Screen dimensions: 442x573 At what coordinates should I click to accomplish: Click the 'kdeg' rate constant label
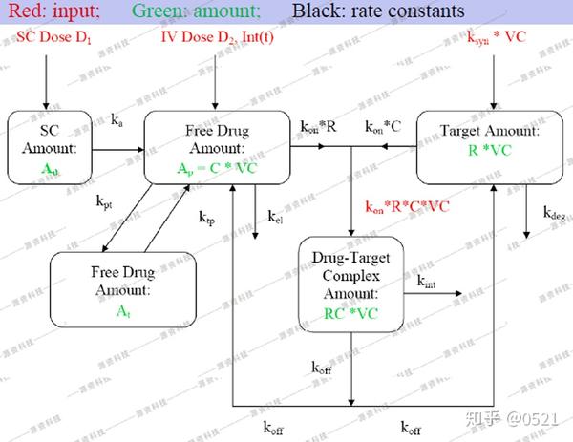point(557,215)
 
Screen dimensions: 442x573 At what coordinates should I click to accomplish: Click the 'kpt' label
point(103,203)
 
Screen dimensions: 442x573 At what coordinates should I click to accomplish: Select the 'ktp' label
point(207,218)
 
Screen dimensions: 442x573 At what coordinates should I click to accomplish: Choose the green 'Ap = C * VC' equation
point(217,167)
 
